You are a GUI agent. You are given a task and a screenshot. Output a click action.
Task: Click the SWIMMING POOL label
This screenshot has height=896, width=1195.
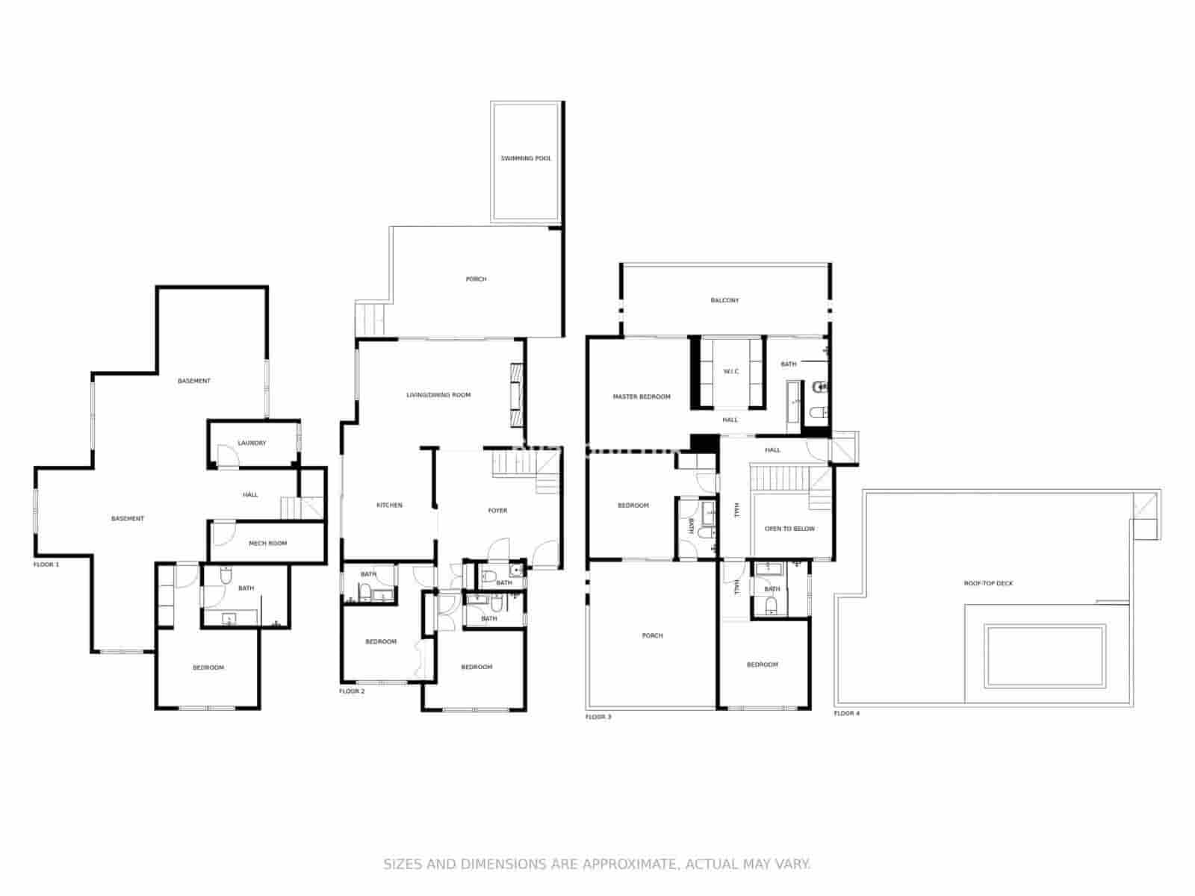tap(526, 158)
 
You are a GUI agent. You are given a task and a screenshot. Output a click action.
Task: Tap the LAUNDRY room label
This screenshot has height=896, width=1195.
tap(252, 443)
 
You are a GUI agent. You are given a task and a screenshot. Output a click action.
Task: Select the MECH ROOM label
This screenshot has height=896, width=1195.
tap(267, 543)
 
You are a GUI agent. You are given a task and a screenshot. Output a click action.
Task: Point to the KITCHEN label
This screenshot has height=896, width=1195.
tap(389, 505)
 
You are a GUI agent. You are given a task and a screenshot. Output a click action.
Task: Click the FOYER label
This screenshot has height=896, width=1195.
tap(497, 511)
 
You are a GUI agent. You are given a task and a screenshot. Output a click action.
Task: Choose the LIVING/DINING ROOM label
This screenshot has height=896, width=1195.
tap(438, 395)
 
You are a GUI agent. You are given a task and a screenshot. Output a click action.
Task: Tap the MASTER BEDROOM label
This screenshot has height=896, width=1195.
tap(642, 396)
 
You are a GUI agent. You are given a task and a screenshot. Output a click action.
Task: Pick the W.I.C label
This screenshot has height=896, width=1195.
tap(730, 371)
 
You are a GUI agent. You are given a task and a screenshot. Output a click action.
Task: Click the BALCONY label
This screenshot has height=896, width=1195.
tap(724, 300)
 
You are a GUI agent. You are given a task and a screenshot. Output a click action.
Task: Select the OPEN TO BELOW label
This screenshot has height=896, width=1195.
tap(789, 529)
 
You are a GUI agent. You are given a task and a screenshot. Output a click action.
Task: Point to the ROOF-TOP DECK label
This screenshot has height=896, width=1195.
tap(989, 583)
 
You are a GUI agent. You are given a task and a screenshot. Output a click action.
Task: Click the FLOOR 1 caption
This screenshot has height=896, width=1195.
tap(46, 564)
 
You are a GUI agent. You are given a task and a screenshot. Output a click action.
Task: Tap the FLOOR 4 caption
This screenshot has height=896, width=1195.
tap(847, 713)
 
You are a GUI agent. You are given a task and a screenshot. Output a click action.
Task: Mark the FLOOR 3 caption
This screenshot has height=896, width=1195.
tap(598, 717)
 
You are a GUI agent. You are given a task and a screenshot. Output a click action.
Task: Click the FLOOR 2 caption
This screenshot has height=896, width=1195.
tap(352, 691)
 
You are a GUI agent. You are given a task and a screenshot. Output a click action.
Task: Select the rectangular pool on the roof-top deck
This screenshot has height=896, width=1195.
tap(1044, 656)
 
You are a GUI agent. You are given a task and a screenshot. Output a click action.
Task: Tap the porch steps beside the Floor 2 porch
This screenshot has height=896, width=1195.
tap(370, 319)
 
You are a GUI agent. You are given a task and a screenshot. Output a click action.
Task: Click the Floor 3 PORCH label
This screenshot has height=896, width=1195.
tap(652, 635)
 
